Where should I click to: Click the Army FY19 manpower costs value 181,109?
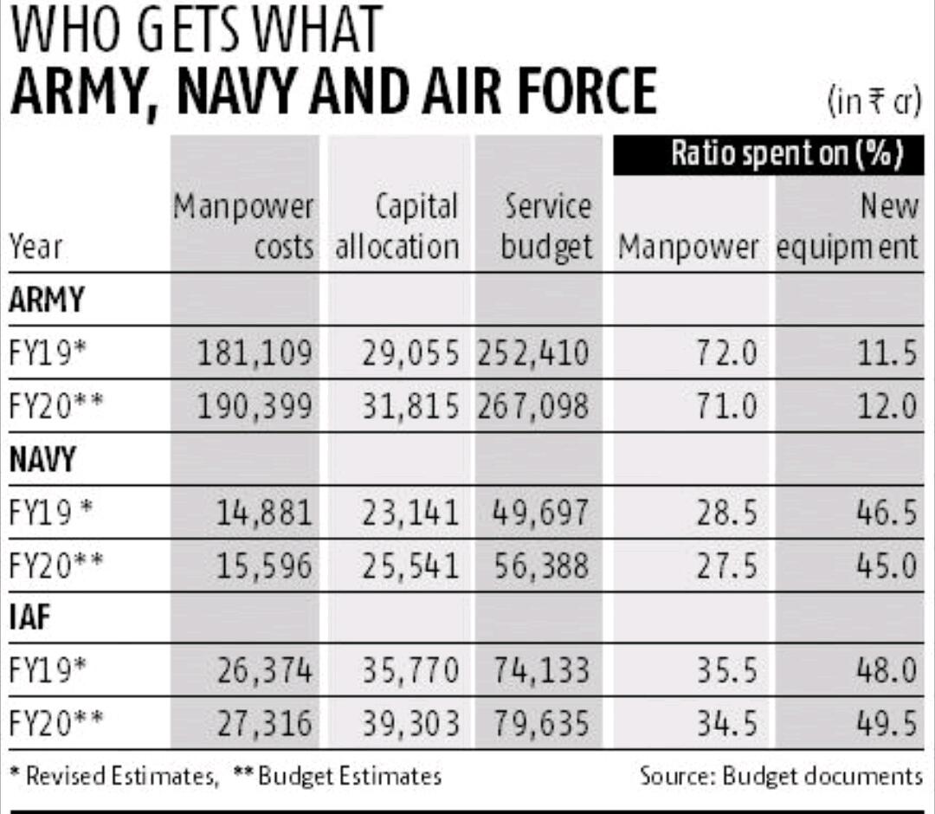(254, 353)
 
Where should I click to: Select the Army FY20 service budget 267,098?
(532, 406)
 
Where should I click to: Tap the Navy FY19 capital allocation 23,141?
(409, 513)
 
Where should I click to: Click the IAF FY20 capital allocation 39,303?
(409, 724)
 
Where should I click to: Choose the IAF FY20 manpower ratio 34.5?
(726, 724)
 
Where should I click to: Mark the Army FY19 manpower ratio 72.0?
(726, 353)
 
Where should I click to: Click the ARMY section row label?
(47, 300)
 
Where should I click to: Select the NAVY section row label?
(42, 460)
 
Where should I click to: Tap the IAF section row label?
(31, 618)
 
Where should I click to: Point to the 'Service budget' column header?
(547, 227)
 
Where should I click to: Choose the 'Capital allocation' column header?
(397, 227)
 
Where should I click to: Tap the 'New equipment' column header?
(847, 227)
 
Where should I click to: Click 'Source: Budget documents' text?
(781, 775)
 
